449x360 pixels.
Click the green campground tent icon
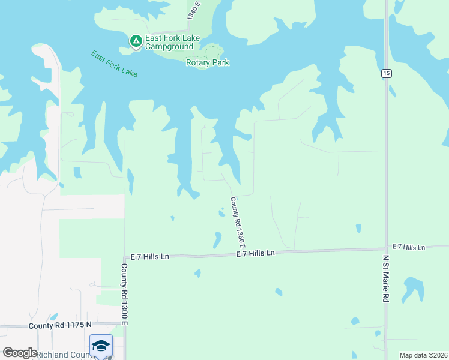(136, 41)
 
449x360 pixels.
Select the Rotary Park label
(208, 62)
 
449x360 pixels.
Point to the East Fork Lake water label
(114, 63)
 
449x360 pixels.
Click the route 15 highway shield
(386, 73)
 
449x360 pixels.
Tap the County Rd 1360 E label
(238, 222)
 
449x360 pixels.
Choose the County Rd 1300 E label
(124, 293)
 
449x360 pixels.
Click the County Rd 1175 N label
(60, 325)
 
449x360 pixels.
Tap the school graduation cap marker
(101, 346)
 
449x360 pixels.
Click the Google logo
(20, 353)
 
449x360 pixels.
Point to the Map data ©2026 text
(423, 355)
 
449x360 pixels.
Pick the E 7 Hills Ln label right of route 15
(409, 247)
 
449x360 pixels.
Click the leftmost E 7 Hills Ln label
(146, 256)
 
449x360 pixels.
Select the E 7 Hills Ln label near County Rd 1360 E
(255, 253)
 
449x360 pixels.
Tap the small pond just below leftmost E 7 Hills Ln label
(197, 274)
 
